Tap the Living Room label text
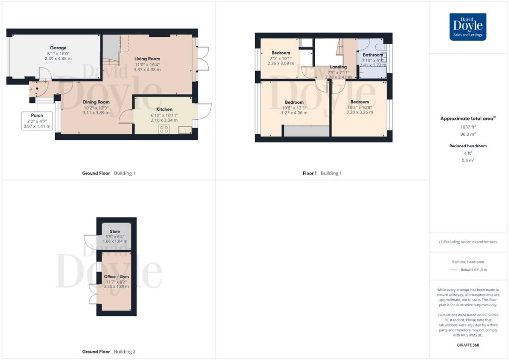point(147,59)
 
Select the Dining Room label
point(96,102)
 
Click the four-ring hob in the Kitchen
point(164,129)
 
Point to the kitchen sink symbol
point(184,130)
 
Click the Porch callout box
point(37,121)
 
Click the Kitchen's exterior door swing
point(204,112)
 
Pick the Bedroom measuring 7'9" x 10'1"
point(281,53)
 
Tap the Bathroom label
point(373,55)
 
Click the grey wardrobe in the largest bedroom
point(306,131)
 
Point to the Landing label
point(339,67)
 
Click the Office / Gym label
point(115,276)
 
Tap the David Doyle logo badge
point(468,26)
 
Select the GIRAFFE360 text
point(468,344)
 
